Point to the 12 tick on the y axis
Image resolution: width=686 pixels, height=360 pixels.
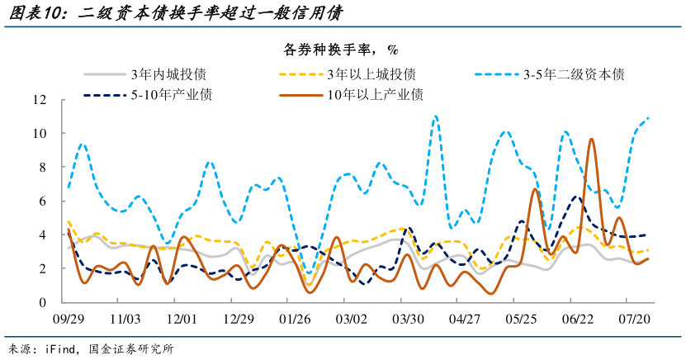(x=39, y=100)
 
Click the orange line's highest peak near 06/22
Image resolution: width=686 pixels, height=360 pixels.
(x=591, y=140)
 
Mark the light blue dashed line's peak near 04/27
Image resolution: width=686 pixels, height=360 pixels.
(x=435, y=116)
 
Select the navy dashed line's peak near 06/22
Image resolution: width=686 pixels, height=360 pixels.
(x=575, y=197)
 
